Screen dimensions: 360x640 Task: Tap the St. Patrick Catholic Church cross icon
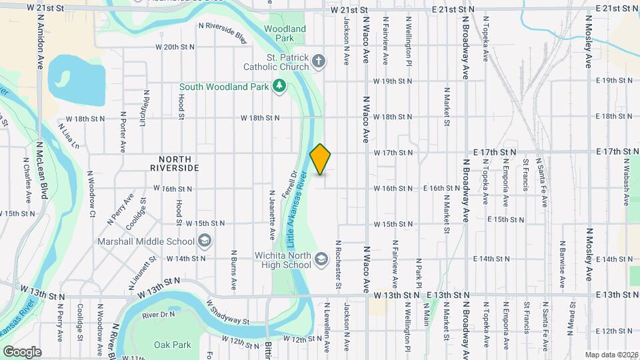[319, 62]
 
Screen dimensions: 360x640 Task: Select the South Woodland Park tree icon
[280, 86]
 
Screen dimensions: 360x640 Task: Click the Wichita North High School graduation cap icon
[321, 259]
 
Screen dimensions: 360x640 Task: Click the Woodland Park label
[285, 33]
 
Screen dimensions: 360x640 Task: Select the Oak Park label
[173, 345]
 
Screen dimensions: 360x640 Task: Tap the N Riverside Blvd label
[223, 31]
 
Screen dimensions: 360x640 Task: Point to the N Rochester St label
[339, 265]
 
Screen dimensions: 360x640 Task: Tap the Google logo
[22, 351]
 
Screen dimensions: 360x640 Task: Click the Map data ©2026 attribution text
[611, 355]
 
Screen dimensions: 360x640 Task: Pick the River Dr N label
[159, 314]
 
